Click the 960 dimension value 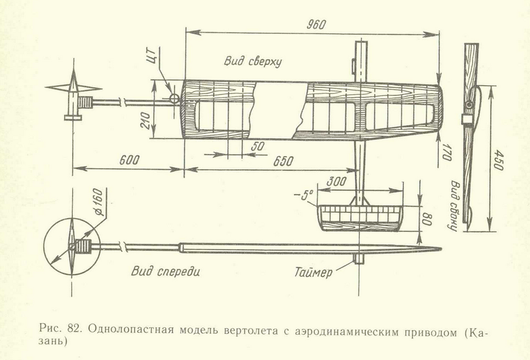(317, 24)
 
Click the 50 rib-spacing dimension (257, 146)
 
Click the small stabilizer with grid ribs (359, 217)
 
